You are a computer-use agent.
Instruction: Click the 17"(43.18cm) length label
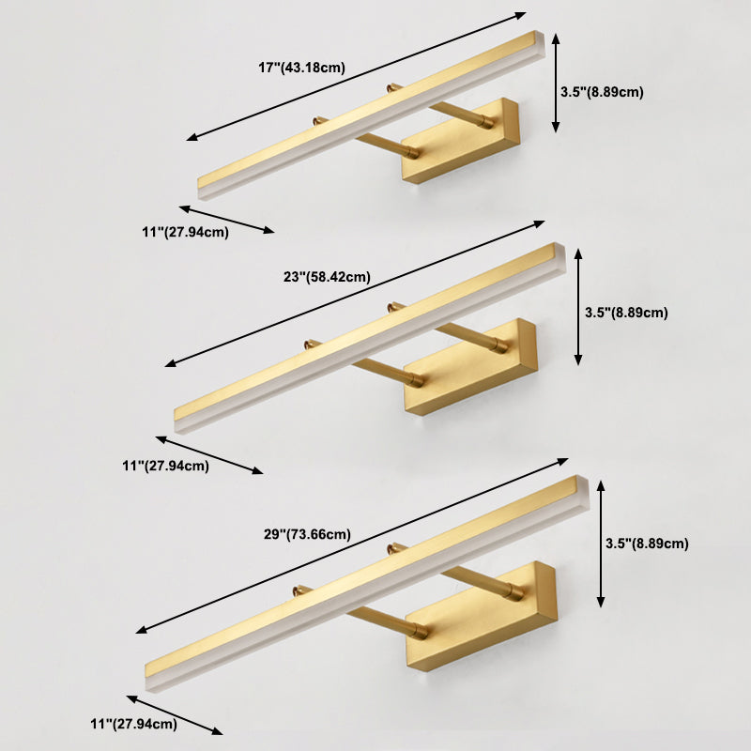point(301,68)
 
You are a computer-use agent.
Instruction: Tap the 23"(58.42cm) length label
point(327,277)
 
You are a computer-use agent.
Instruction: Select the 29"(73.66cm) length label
point(308,534)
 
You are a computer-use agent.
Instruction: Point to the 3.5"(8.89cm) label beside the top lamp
point(602,92)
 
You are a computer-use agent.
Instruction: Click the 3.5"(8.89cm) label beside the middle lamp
point(626,313)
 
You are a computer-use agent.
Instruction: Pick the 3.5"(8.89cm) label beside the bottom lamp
point(647,544)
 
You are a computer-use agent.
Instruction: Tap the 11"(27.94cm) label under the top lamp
point(185,232)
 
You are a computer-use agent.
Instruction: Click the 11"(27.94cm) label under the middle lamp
point(166,466)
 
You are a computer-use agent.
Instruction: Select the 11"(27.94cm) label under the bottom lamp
point(134,724)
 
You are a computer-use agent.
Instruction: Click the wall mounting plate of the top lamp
point(461,141)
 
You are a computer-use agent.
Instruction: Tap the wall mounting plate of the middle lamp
point(470,367)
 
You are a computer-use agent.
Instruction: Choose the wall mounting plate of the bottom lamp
point(482,616)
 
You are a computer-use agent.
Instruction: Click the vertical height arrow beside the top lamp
point(556,83)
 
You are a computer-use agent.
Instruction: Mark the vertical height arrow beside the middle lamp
point(578,307)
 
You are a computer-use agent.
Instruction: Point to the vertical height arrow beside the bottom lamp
point(601,544)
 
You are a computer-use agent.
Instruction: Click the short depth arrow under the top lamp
point(226,220)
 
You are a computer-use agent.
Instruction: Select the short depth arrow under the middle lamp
point(209,455)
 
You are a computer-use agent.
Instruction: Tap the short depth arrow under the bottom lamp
point(175,715)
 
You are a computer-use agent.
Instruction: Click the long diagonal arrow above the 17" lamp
point(357,76)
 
